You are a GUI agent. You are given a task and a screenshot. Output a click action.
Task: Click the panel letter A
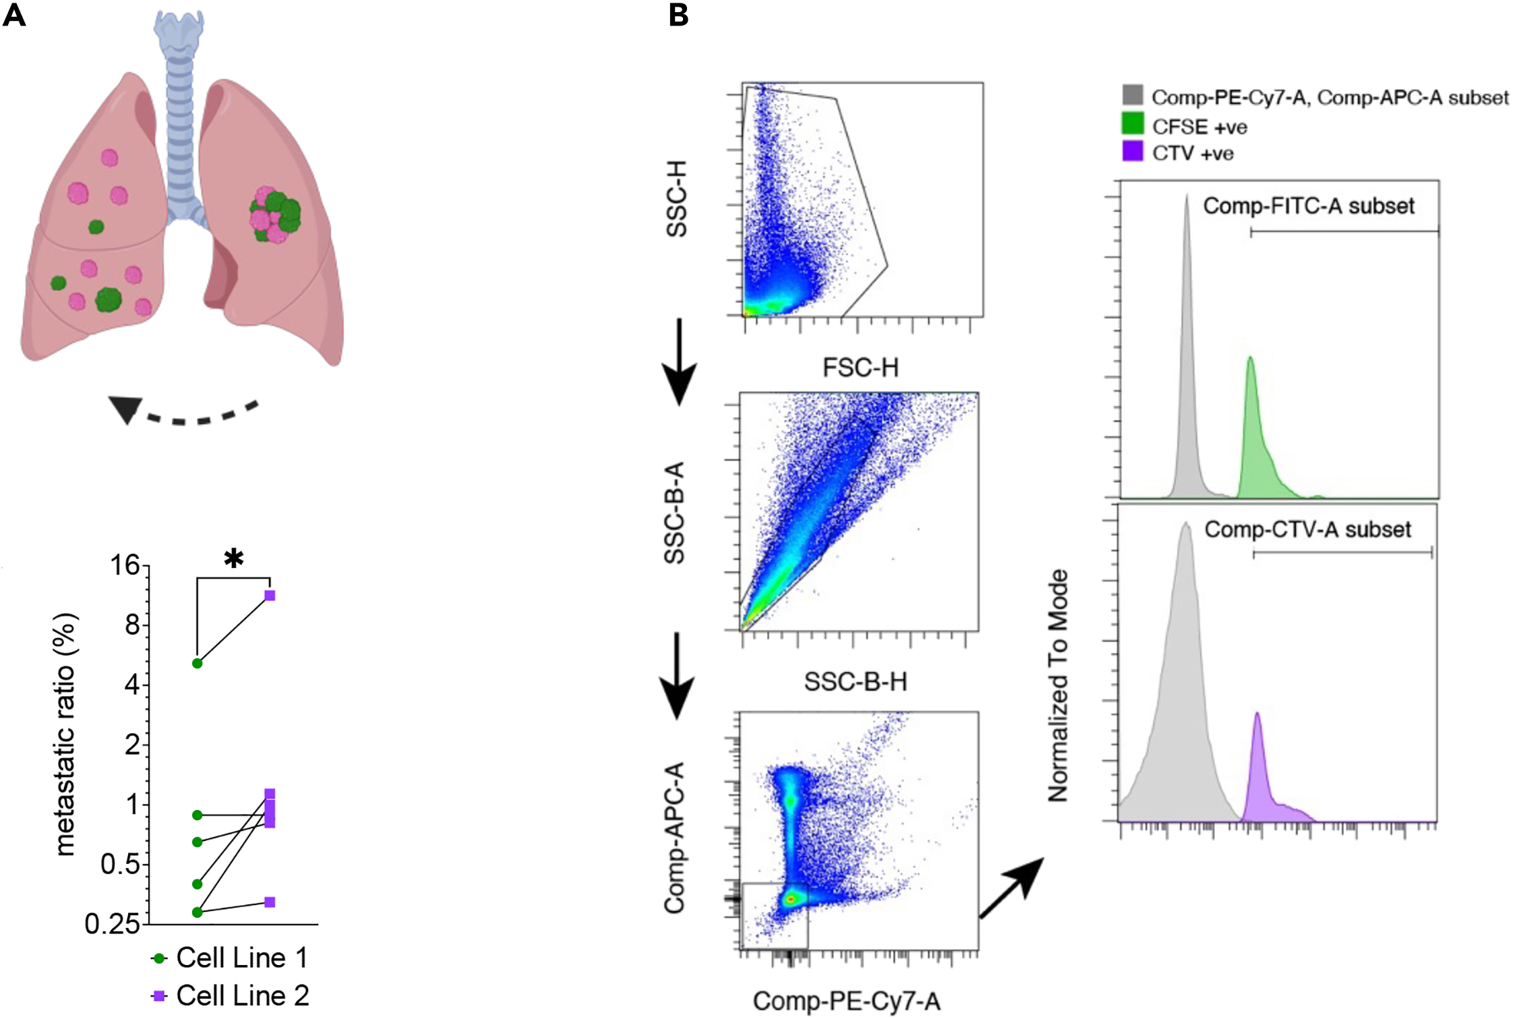14,15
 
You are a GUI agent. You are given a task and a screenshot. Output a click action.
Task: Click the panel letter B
678,15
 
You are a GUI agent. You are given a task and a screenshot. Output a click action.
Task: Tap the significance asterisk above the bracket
233,558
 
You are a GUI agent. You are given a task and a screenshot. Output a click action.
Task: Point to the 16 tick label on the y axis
125,565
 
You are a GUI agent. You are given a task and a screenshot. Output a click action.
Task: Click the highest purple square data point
270,595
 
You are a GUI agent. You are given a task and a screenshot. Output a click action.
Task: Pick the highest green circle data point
198,664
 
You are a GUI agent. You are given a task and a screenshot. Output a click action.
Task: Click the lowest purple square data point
270,902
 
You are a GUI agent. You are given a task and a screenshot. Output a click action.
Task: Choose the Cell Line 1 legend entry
229,958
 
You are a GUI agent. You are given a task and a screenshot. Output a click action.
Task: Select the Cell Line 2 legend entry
230,996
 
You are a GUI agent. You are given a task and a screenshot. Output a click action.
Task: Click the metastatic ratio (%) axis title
65,734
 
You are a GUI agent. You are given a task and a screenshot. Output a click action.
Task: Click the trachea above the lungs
179,101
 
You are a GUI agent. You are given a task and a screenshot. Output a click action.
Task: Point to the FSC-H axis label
860,368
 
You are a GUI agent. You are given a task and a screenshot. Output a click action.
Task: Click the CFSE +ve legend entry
1185,127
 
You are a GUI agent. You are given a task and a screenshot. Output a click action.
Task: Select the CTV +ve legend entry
1179,153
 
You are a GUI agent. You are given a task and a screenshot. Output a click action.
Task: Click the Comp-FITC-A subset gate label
1308,206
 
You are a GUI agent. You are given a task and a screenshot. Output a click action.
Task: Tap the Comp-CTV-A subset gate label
1307,530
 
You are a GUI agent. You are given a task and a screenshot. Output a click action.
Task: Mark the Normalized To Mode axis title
1059,685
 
